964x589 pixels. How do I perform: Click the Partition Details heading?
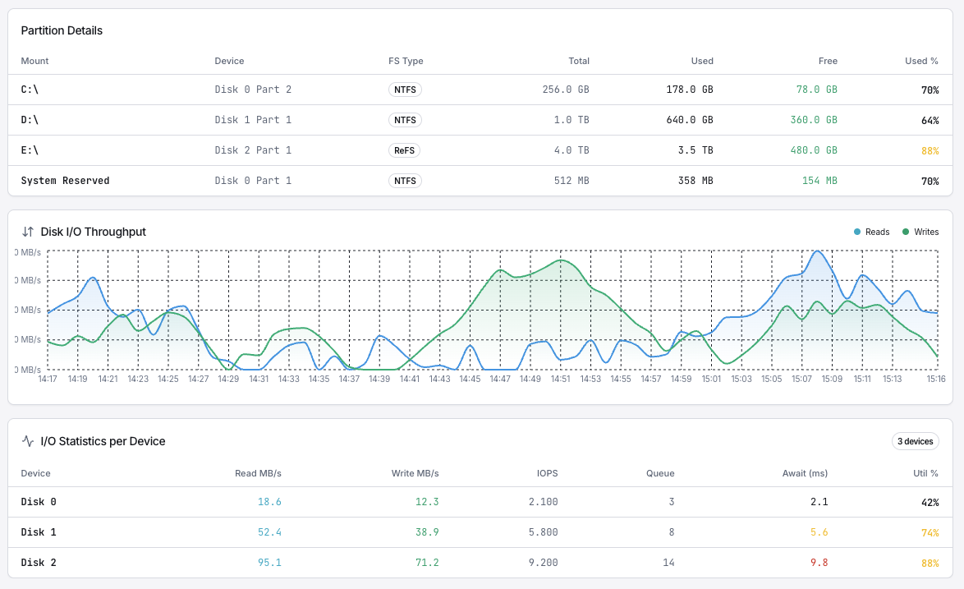(x=62, y=30)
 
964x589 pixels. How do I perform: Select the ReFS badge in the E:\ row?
(x=405, y=150)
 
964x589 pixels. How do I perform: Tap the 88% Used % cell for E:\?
(x=930, y=150)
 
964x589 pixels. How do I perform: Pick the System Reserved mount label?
(x=65, y=181)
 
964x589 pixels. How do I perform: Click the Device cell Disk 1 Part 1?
(x=253, y=120)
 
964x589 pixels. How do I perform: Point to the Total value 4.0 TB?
(x=572, y=150)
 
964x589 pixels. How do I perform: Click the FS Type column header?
(x=406, y=61)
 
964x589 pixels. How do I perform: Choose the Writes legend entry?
(x=920, y=232)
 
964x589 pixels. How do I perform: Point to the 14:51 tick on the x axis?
(x=561, y=379)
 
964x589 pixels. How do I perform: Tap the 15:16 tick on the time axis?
(x=936, y=379)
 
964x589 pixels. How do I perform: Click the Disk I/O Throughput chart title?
(x=93, y=232)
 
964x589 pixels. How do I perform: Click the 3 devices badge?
(x=915, y=441)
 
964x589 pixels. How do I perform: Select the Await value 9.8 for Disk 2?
(x=819, y=563)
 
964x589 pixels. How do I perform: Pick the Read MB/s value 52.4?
(x=269, y=532)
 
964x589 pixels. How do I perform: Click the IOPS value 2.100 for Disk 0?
(x=543, y=502)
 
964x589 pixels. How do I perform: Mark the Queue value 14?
(x=668, y=563)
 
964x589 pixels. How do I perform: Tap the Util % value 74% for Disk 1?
(x=930, y=532)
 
